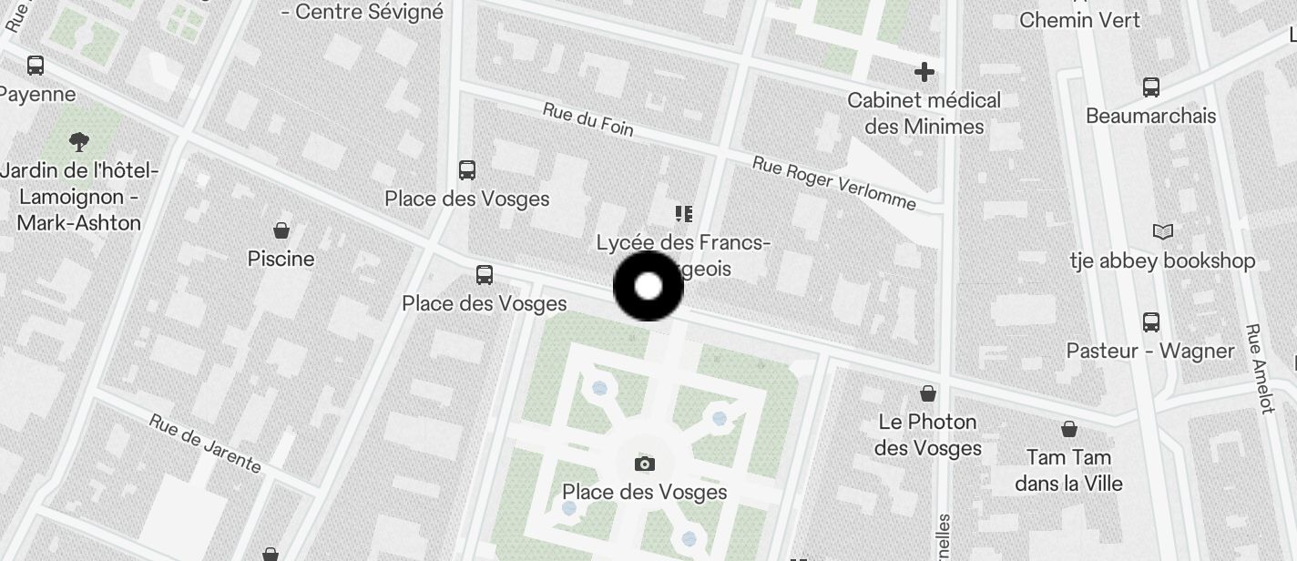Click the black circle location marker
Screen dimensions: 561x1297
click(648, 287)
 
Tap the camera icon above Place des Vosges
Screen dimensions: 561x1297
click(645, 464)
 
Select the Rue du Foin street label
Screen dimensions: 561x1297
click(587, 118)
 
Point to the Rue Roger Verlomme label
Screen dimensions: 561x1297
click(833, 182)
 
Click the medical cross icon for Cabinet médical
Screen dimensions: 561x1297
click(924, 72)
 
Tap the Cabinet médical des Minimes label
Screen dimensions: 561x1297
click(924, 113)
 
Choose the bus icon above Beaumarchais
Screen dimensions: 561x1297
click(1151, 87)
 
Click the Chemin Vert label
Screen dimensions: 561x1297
click(1079, 19)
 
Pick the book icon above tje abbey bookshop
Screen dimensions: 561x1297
click(1163, 231)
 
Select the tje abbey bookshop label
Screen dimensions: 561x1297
click(1162, 261)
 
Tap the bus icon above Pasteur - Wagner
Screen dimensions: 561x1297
click(1151, 321)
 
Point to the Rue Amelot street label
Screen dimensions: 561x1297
click(1260, 369)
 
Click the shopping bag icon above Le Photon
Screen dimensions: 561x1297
click(928, 393)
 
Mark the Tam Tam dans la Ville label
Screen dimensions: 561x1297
click(1068, 470)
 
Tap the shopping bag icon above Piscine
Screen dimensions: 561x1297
click(281, 230)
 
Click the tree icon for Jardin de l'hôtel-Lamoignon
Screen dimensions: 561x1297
click(79, 141)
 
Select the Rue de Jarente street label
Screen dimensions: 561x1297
click(205, 444)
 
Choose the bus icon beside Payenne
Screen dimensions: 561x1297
click(36, 66)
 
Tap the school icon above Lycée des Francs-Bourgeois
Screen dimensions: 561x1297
click(684, 214)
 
